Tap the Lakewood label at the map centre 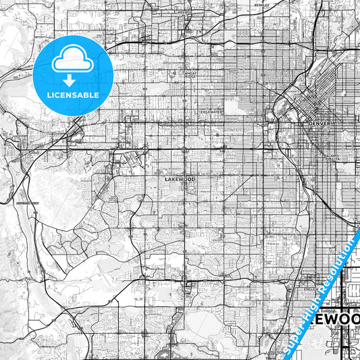[180, 179]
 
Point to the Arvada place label [182, 12]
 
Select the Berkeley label [261, 5]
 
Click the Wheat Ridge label [191, 74]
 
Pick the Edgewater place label [211, 111]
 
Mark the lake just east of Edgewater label [235, 106]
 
